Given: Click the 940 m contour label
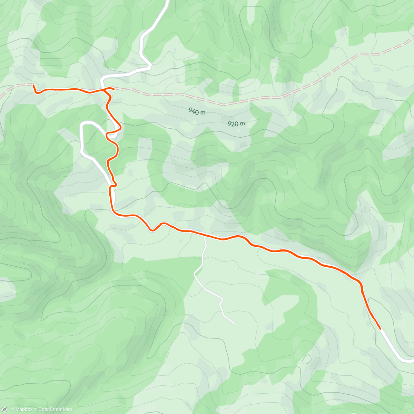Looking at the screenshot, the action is coord(197,111).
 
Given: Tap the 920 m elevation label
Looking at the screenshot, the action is coord(236,124).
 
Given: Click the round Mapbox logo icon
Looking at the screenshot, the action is coord(4,410).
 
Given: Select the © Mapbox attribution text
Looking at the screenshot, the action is coord(21,410).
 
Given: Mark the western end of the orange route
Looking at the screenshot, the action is coord(33,85).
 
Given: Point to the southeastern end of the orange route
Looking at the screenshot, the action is coord(380,329).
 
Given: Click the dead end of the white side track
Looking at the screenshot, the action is coord(234,323).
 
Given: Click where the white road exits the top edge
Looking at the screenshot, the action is coord(168,1).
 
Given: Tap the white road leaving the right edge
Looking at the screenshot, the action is coord(412,361).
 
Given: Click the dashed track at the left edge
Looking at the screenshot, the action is coord(1,93).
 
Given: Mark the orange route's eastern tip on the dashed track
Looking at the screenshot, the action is coord(114,89).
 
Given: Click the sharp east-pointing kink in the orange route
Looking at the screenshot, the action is coord(121,128).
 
